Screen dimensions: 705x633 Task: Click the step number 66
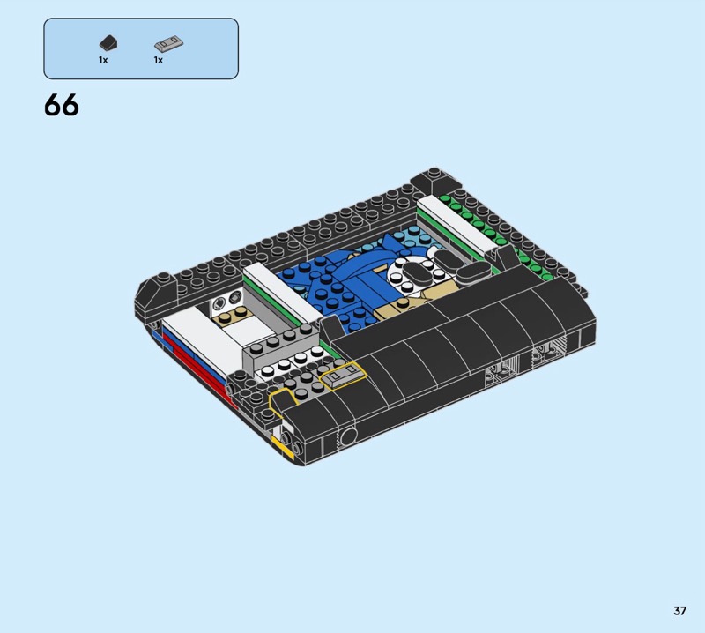pyautogui.click(x=62, y=106)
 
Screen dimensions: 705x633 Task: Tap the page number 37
pyautogui.click(x=679, y=610)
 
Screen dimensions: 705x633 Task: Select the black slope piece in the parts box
pyautogui.click(x=108, y=43)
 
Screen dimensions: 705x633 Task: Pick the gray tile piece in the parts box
pyautogui.click(x=168, y=44)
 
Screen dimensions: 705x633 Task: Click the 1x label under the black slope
pyautogui.click(x=103, y=60)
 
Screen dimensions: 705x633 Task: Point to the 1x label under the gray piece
pyautogui.click(x=159, y=60)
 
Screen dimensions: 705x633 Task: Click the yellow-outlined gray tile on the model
pyautogui.click(x=343, y=376)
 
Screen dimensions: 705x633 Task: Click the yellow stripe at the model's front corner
pyautogui.click(x=284, y=449)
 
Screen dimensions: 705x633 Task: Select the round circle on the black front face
pyautogui.click(x=348, y=436)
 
